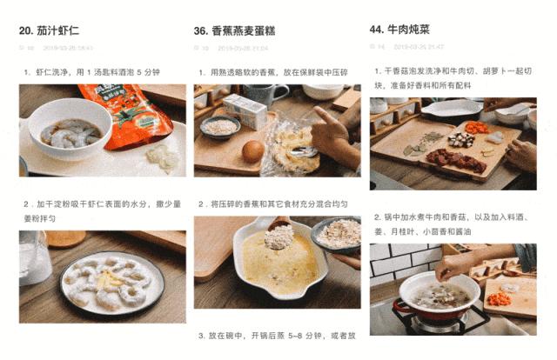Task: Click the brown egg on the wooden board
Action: tap(252, 151)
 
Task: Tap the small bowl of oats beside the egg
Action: tap(220, 127)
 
